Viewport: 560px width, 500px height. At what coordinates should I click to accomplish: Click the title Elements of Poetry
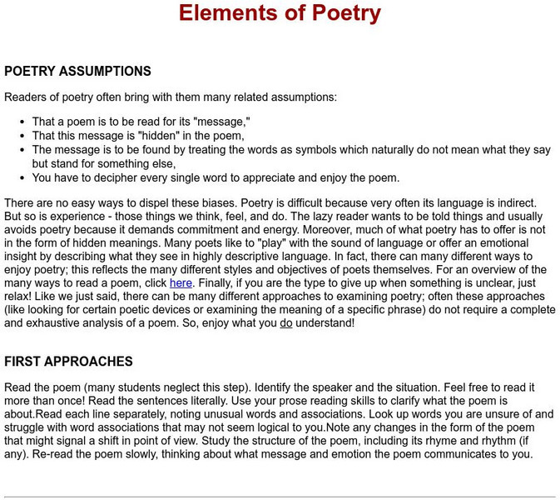click(280, 14)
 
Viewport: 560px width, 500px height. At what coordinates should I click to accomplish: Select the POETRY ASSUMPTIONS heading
click(77, 72)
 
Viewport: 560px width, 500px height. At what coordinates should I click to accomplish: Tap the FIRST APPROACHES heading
click(68, 362)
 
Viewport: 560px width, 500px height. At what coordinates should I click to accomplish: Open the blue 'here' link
click(181, 283)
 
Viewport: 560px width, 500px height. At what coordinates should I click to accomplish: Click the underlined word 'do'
click(285, 322)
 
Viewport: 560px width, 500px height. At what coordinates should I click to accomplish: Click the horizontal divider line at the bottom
click(280, 497)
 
